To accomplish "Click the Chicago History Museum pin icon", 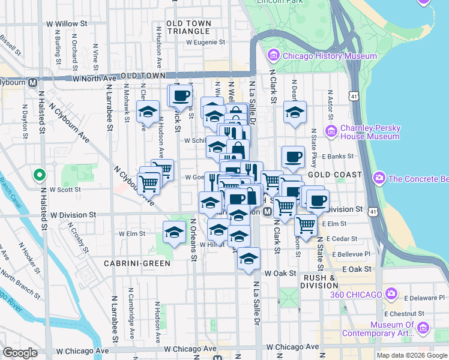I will [274, 56].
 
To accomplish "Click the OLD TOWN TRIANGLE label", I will [189, 27].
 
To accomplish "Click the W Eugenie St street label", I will [205, 43].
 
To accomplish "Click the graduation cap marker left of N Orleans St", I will [174, 231].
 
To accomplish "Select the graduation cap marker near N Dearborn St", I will [295, 112].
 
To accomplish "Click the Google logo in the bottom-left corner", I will [20, 353].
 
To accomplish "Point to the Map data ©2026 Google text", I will [411, 355].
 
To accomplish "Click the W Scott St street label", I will [65, 189].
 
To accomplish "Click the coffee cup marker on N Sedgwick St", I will [181, 95].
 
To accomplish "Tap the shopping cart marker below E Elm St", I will [306, 226].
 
